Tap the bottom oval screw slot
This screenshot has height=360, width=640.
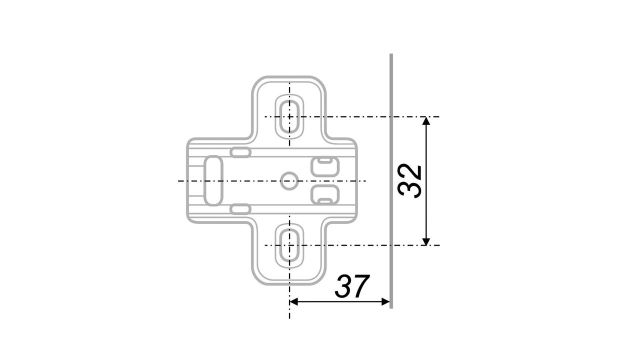coord(290,243)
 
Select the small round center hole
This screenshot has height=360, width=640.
coord(289,180)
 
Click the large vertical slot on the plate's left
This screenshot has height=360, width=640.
coord(213,180)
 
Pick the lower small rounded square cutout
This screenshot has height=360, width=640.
coord(323,194)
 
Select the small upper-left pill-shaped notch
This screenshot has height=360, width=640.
coord(241,152)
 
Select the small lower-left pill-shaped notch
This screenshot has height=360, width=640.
coord(241,207)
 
